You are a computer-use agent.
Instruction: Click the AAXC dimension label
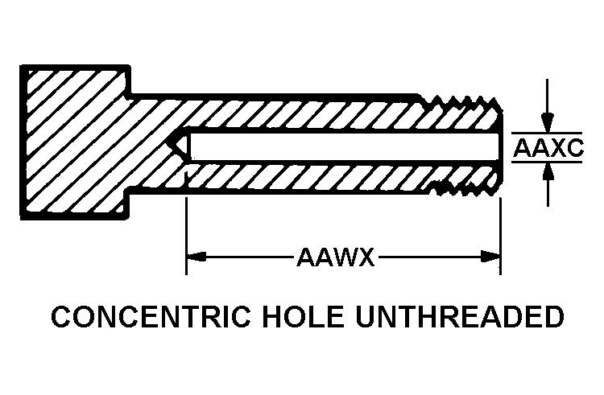point(548,148)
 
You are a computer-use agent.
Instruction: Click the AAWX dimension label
point(336,257)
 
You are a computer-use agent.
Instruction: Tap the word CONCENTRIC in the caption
point(151,316)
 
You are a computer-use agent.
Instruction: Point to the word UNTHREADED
point(460,316)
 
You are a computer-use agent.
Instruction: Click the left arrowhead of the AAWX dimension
point(196,257)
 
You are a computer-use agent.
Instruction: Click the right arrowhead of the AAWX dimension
point(491,257)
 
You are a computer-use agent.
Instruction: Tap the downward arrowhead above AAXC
point(548,123)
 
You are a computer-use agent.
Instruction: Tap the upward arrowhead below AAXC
point(548,172)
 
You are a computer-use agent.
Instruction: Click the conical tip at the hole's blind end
point(178,146)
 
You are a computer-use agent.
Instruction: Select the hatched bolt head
point(76,142)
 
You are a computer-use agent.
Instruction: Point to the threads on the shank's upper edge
point(462,102)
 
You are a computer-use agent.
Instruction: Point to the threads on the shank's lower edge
point(462,188)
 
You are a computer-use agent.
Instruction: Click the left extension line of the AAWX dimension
point(187,237)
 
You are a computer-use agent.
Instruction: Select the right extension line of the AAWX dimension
point(500,237)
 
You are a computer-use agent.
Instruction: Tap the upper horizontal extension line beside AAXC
point(547,133)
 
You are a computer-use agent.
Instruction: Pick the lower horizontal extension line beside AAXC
point(547,162)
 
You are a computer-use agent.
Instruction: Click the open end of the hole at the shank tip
point(499,146)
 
